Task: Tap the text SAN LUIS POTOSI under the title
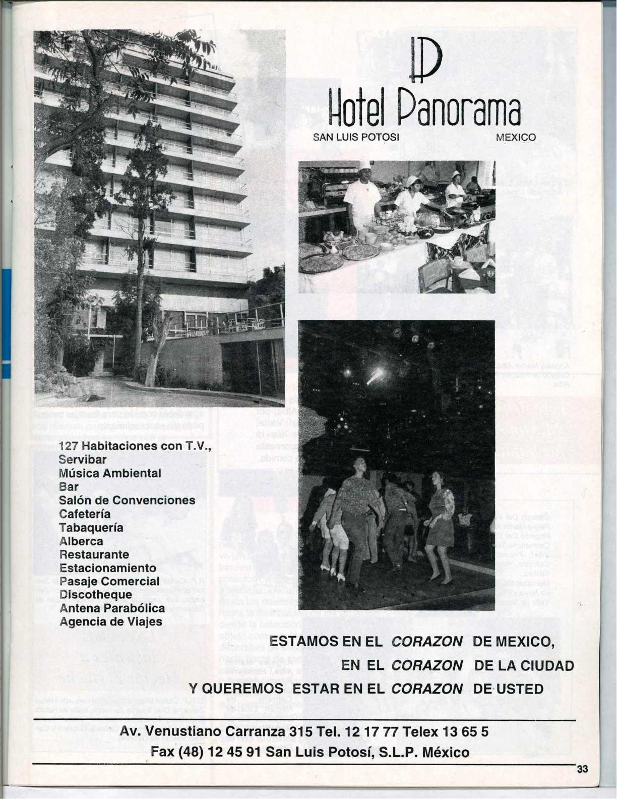tap(356, 137)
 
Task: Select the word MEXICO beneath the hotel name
tap(515, 137)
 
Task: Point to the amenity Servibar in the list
tap(83, 460)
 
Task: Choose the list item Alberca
tap(81, 541)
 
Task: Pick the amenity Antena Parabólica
tap(112, 608)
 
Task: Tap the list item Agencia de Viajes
tap(111, 621)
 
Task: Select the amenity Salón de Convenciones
tap(127, 500)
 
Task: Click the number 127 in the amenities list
tap(69, 446)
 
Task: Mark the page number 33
tap(583, 769)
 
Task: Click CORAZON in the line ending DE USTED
tap(427, 689)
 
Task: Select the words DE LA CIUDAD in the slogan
tap(524, 665)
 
